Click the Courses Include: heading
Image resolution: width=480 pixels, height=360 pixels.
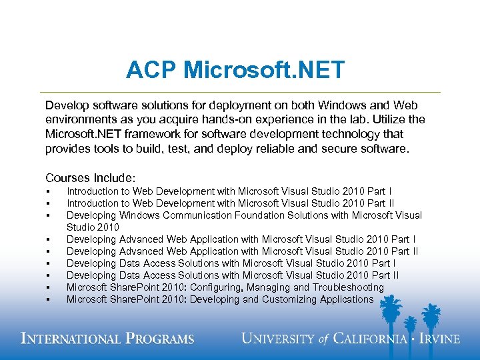[x=90, y=178]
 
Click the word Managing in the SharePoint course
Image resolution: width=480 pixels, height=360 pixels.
[x=268, y=287]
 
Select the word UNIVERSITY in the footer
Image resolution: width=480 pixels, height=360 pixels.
[x=276, y=339]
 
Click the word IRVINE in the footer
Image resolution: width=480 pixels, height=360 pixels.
[x=437, y=339]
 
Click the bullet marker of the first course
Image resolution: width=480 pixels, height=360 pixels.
[x=49, y=192]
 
